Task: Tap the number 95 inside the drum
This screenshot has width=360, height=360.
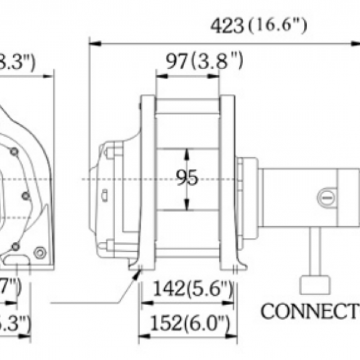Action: point(187,178)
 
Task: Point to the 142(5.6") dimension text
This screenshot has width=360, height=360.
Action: point(188,289)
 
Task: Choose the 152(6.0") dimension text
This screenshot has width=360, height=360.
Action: point(188,323)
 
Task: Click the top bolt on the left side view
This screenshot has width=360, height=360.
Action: point(13,152)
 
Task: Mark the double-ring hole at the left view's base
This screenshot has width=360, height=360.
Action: point(39,252)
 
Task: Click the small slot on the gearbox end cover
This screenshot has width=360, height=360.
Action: point(103,195)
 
